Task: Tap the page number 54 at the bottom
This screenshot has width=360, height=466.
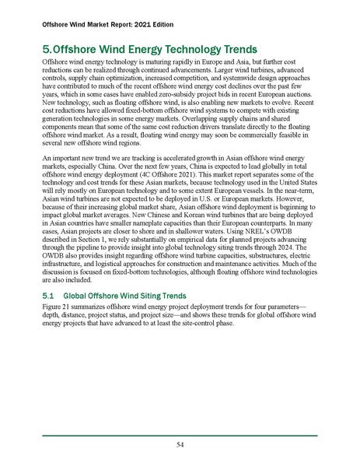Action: [180, 444]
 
